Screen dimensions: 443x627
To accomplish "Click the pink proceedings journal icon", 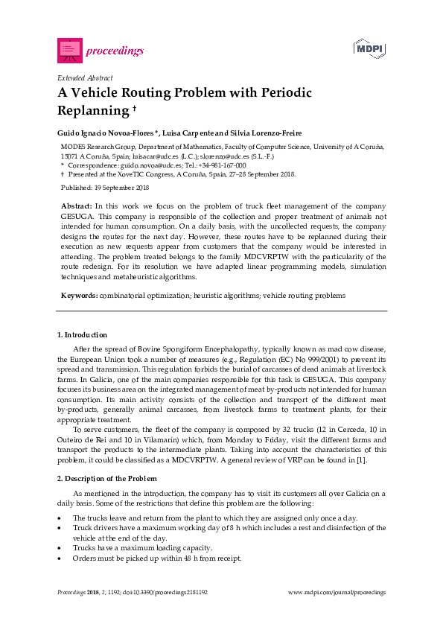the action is (69, 51).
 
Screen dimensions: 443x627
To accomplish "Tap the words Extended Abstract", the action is (85, 77).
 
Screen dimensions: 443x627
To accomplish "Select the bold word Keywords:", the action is (79, 296).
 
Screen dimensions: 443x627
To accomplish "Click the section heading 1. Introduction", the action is (82, 335).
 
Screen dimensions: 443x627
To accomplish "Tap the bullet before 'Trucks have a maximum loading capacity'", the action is (60, 548).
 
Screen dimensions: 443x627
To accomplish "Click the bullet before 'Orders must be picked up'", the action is (60, 558).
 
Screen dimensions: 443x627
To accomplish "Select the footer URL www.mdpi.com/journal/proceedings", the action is (337, 593).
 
